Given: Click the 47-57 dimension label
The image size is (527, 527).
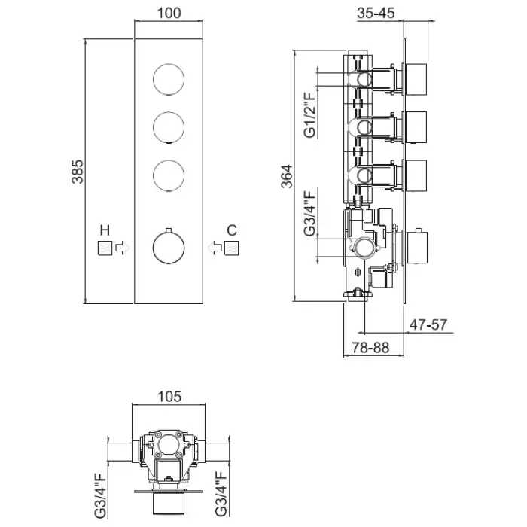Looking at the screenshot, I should pyautogui.click(x=429, y=325).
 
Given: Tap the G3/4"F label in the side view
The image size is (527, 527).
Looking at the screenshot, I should pyautogui.click(x=310, y=214).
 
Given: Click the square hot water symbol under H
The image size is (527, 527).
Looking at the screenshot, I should pyautogui.click(x=104, y=248).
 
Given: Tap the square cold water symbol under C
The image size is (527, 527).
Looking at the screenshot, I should pyautogui.click(x=233, y=248).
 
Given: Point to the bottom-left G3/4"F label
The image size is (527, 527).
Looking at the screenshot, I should pyautogui.click(x=99, y=495).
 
